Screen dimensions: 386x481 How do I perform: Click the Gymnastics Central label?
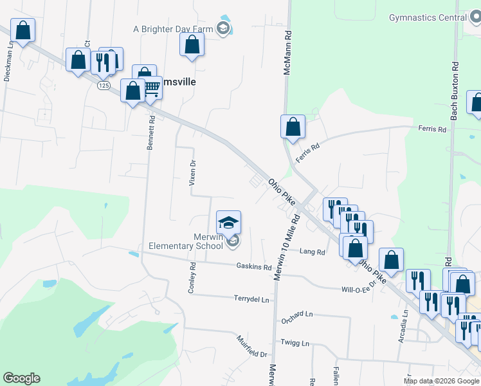(428, 17)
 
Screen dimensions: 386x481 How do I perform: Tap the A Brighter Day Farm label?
(172, 29)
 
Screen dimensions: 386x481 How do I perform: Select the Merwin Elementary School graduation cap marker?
(228, 223)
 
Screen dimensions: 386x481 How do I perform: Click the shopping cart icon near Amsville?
(152, 88)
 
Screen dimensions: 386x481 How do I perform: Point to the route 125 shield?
(104, 85)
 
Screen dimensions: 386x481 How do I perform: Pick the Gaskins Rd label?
(253, 266)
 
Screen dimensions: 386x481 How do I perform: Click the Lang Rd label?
(313, 252)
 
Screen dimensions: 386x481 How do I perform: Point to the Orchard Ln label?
(296, 314)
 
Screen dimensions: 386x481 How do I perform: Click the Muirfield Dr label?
(251, 347)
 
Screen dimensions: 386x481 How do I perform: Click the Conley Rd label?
(191, 278)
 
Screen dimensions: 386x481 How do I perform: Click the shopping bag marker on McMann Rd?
(293, 126)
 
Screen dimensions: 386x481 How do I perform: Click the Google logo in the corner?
(21, 378)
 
